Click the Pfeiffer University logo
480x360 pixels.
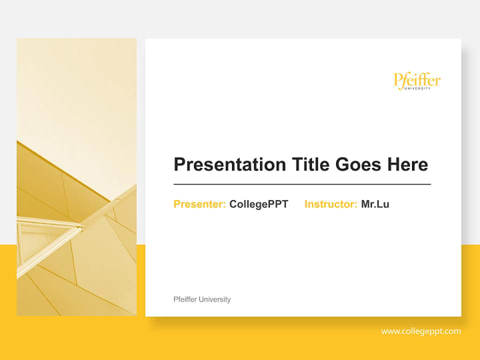tap(417, 81)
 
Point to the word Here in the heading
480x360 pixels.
tap(406, 164)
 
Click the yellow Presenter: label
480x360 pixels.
tap(199, 204)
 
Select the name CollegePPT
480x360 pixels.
tap(258, 204)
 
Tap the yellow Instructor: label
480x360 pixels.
tap(330, 204)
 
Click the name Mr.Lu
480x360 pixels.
tap(375, 204)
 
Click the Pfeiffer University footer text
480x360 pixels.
tap(202, 299)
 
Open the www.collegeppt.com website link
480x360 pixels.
tap(421, 331)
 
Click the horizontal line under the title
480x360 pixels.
tap(302, 184)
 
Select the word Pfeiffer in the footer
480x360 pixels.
tap(185, 299)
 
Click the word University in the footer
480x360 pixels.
tap(214, 299)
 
